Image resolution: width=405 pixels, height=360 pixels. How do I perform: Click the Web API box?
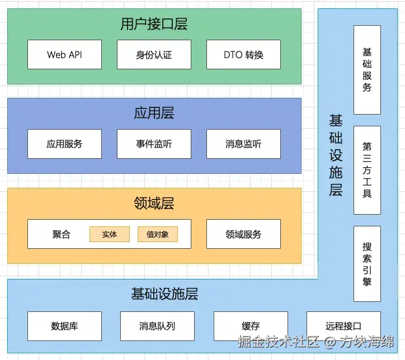(64, 55)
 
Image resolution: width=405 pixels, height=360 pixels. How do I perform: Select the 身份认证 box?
(154, 55)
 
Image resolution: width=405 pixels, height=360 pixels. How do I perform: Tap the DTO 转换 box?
(243, 55)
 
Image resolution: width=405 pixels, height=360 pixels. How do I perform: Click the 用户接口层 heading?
(154, 24)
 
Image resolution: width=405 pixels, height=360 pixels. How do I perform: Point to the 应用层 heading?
(154, 113)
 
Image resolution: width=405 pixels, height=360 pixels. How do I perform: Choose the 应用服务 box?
(64, 144)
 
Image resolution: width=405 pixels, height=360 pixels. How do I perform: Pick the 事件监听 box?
(154, 144)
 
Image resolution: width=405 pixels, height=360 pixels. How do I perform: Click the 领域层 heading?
(154, 203)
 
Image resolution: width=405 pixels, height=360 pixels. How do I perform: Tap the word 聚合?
(62, 234)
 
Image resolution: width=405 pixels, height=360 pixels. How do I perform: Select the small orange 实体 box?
(110, 234)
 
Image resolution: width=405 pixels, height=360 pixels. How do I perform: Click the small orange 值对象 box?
(158, 234)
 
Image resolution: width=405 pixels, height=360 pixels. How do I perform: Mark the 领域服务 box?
(243, 234)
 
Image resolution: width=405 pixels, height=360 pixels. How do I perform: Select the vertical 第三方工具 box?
(367, 170)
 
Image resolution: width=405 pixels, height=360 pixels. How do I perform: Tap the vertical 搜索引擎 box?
(367, 264)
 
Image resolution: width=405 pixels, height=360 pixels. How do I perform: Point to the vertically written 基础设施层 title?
(336, 155)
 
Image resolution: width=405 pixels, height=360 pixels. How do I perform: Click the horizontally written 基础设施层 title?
(164, 294)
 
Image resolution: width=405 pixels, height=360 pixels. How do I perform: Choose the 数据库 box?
(64, 326)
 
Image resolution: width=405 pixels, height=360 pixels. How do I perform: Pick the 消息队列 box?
(157, 326)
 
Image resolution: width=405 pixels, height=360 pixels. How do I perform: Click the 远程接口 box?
(343, 326)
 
